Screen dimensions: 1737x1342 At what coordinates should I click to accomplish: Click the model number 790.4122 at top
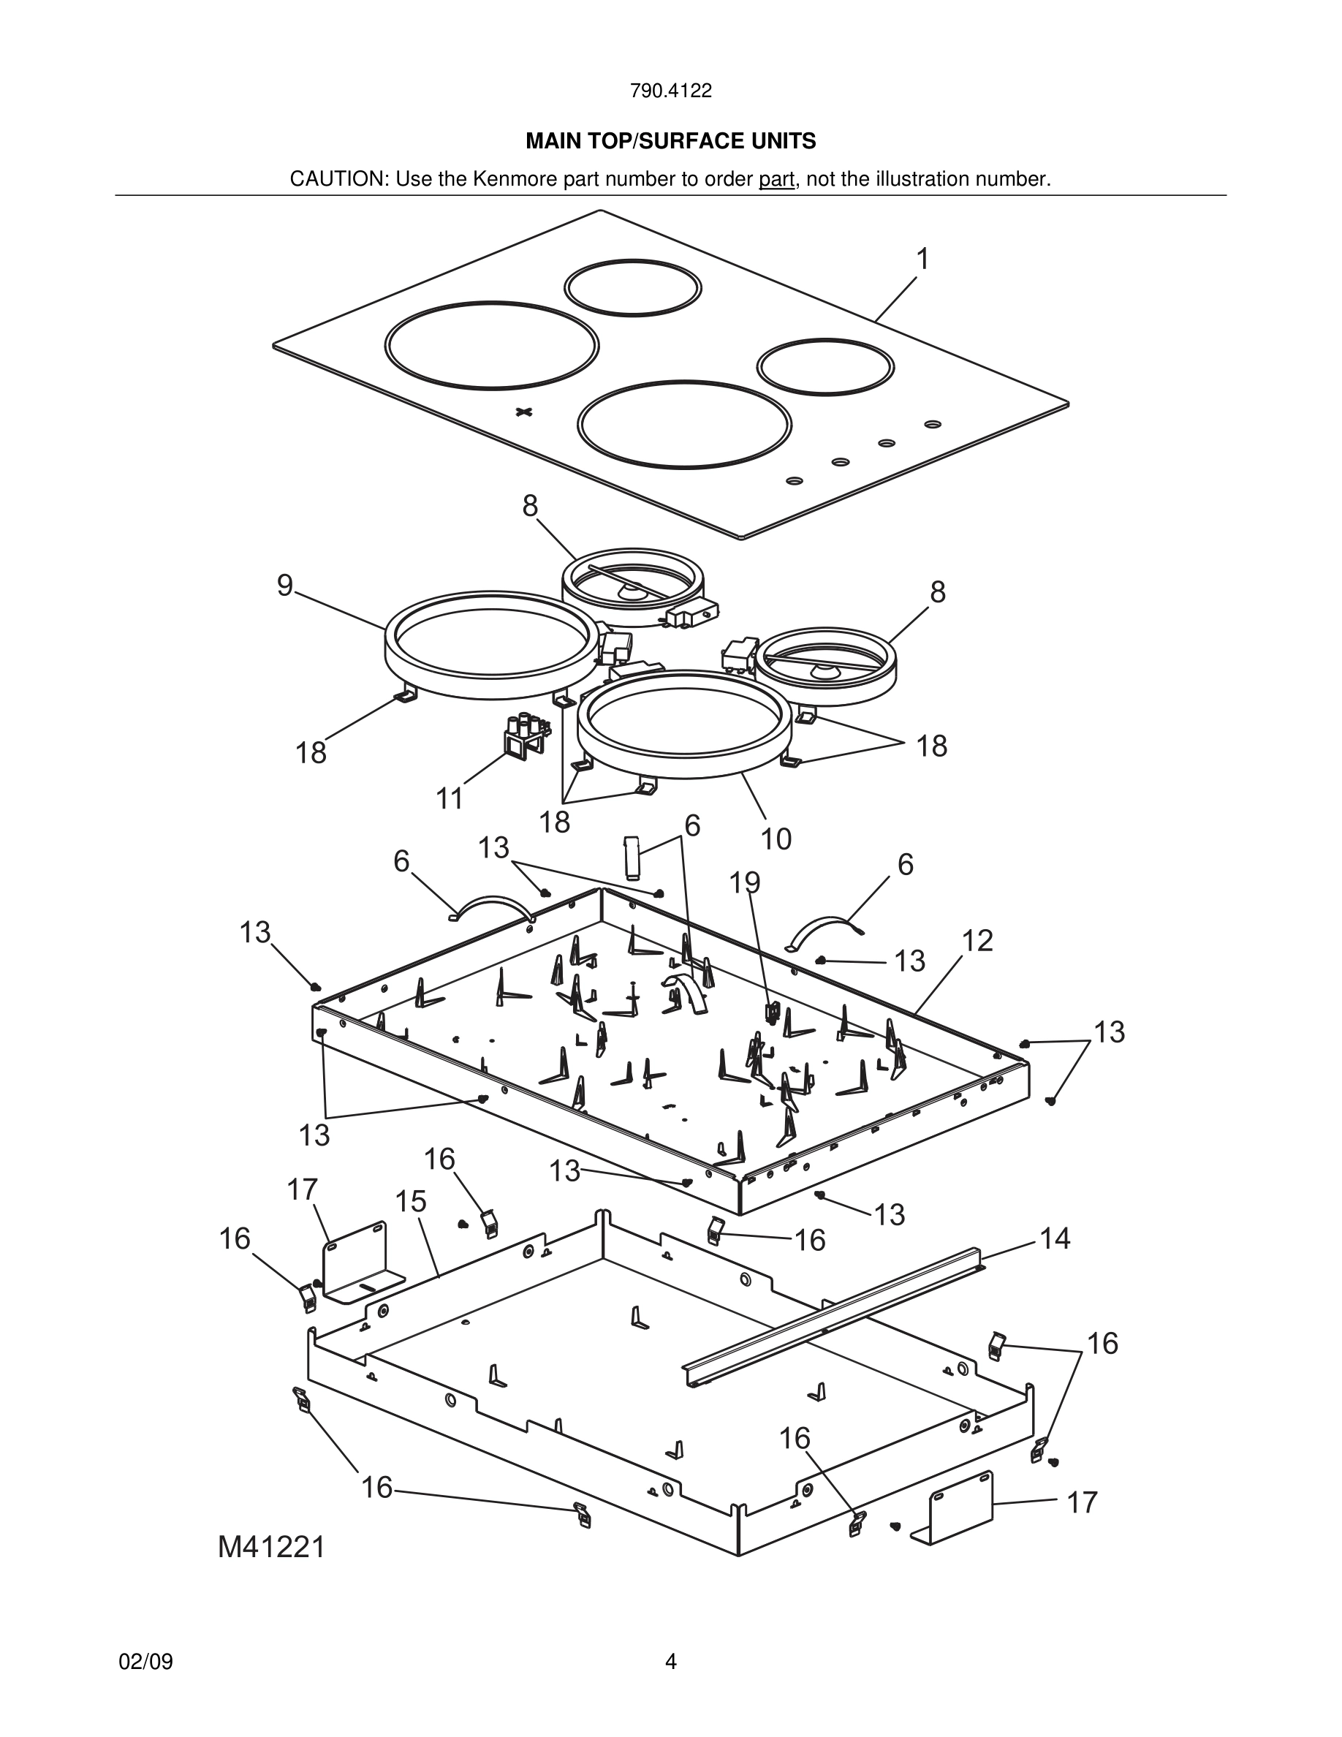[x=670, y=91]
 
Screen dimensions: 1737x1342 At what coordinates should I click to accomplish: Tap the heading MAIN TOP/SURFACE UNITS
[x=670, y=141]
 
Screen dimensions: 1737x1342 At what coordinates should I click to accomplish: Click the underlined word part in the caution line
[x=776, y=180]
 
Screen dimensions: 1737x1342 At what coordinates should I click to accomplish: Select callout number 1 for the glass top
[x=922, y=260]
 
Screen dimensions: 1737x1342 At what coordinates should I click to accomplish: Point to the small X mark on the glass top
[x=523, y=411]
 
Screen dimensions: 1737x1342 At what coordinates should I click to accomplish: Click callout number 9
[x=284, y=586]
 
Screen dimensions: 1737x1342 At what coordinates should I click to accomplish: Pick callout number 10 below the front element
[x=776, y=839]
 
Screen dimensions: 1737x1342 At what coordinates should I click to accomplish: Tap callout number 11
[x=450, y=798]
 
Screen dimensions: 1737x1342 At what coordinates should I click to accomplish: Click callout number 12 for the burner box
[x=977, y=940]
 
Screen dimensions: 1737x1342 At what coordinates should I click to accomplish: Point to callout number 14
[x=1055, y=1238]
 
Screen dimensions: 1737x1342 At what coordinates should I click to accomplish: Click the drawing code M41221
[x=272, y=1547]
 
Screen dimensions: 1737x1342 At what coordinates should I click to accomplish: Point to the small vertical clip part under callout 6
[x=632, y=857]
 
